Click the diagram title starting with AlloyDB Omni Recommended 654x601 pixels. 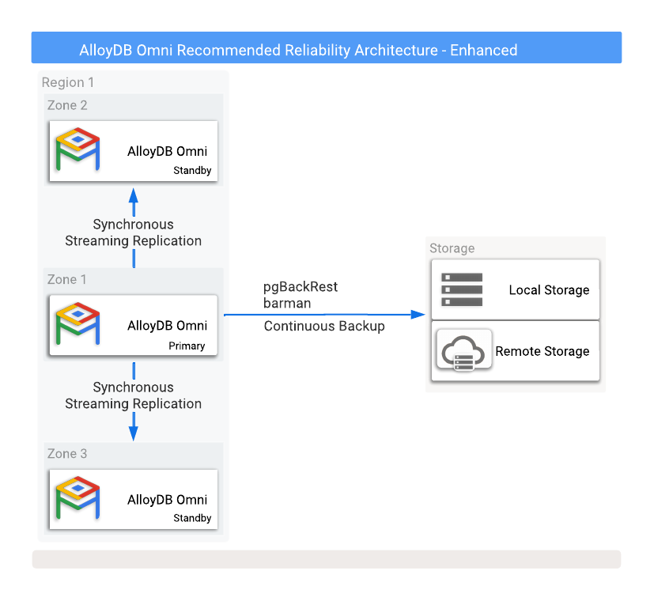click(298, 51)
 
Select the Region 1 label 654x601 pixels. click(68, 82)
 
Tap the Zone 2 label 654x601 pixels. click(67, 105)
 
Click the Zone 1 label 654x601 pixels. click(67, 279)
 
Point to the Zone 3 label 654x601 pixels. click(67, 453)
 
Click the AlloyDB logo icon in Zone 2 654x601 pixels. click(77, 151)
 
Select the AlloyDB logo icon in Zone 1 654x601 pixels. click(77, 325)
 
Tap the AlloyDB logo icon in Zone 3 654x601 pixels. click(77, 499)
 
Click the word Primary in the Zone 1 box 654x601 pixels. click(187, 346)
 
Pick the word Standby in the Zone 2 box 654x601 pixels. click(192, 171)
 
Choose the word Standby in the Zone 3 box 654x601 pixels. click(192, 519)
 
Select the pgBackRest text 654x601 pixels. click(301, 287)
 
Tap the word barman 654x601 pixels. click(287, 303)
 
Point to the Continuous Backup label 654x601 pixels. click(324, 326)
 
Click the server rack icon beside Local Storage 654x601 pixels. click(462, 289)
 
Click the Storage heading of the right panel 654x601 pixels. click(452, 248)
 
